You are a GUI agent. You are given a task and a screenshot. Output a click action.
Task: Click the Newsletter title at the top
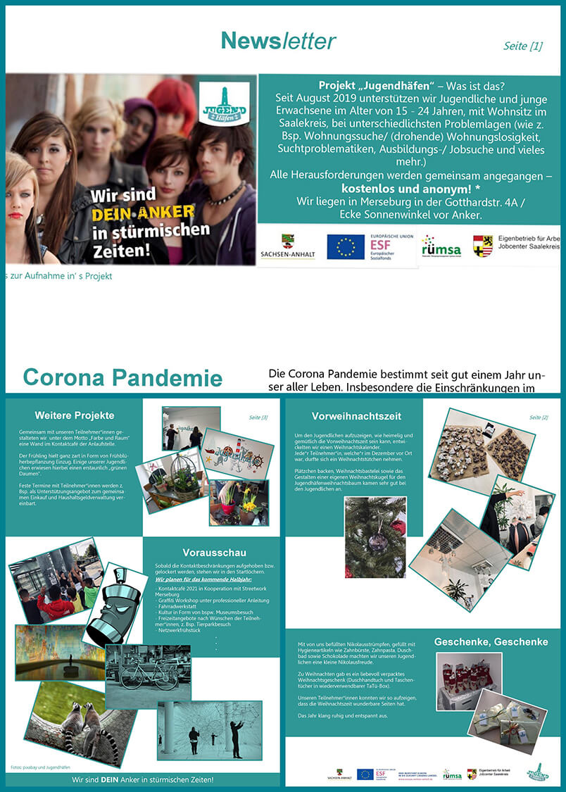coord(278,41)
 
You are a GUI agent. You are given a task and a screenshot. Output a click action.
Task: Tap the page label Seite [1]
coord(522,46)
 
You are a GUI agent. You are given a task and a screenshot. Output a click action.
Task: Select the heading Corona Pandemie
coord(122,377)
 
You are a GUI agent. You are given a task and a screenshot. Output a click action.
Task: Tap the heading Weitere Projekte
coord(74,415)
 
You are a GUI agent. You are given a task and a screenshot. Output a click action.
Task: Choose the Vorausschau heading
coord(214,552)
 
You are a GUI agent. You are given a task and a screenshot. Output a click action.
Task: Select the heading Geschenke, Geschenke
coord(491,641)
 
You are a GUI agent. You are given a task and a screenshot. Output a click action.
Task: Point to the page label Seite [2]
coord(538,417)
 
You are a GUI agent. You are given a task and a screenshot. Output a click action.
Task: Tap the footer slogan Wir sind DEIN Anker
coord(143,780)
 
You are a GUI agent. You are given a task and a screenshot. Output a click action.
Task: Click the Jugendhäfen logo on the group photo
coord(223,104)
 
